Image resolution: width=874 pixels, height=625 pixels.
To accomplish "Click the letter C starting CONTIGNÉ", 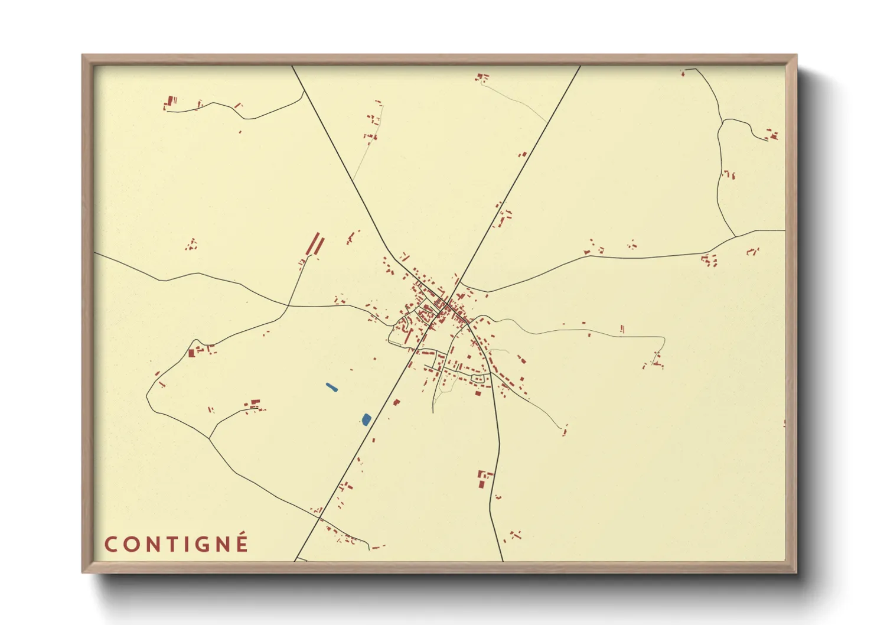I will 112,545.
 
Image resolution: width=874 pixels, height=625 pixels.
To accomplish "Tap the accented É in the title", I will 242,543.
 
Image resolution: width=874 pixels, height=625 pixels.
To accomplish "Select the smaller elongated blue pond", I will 332,388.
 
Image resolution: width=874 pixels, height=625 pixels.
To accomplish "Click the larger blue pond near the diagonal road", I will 366,419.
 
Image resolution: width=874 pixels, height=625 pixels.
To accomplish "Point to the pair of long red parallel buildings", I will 315,245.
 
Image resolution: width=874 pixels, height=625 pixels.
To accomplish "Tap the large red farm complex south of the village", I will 484,478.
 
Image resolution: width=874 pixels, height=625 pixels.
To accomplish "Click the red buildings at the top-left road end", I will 170,103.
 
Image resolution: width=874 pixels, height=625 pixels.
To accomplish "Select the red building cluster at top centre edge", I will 482,77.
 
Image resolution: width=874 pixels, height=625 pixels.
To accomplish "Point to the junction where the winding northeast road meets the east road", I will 735,237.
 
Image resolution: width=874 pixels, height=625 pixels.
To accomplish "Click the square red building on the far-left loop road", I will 192,353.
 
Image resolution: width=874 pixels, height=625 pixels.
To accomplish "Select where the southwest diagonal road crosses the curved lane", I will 319,517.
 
